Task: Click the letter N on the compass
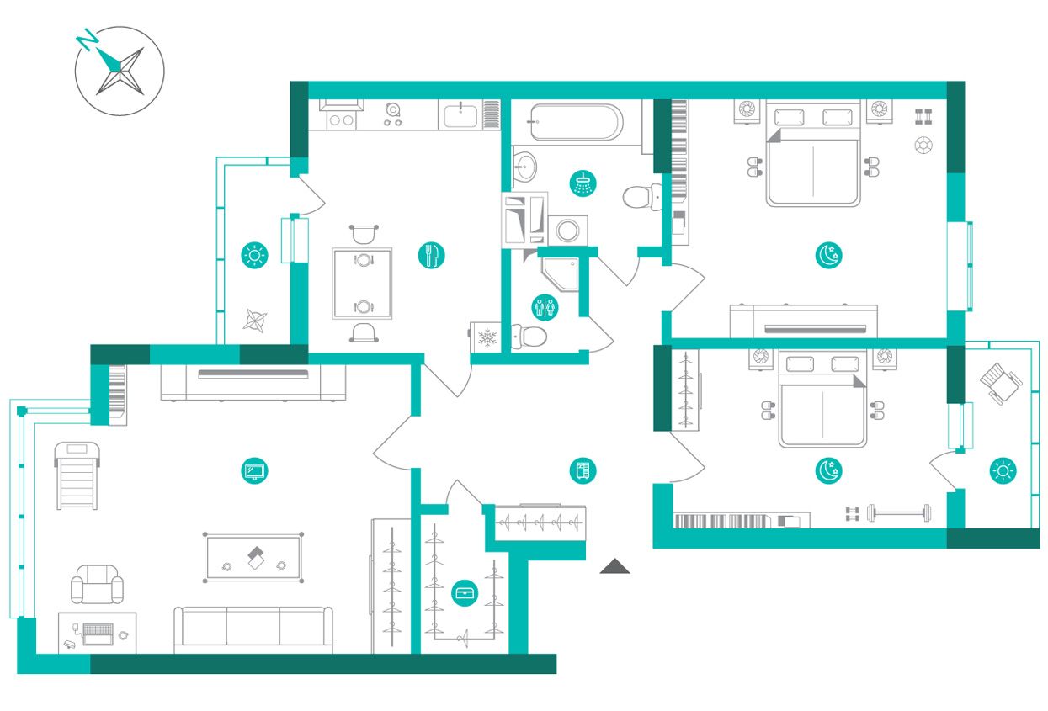tap(87, 40)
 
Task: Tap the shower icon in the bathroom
tap(583, 183)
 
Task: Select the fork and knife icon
tap(431, 255)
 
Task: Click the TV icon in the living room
tap(254, 470)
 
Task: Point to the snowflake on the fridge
tap(487, 337)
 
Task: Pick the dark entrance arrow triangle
tap(614, 565)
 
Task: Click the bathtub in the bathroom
tap(577, 122)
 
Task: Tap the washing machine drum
tap(567, 231)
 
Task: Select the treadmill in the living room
tap(77, 475)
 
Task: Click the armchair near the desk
tap(97, 584)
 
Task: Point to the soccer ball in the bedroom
tap(923, 145)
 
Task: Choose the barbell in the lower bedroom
tap(899, 513)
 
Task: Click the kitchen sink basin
tap(460, 116)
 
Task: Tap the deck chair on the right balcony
tap(1000, 383)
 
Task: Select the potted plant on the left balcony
tap(255, 321)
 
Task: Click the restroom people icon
tap(545, 307)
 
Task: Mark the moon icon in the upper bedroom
tap(828, 255)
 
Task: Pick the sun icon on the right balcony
tap(1003, 470)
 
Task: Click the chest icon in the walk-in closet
tap(465, 593)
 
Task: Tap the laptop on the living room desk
tap(98, 634)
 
